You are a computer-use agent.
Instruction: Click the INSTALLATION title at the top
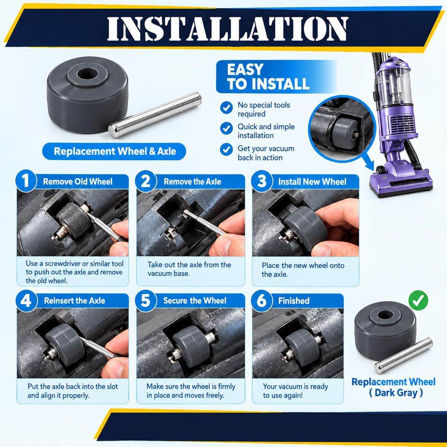(x=227, y=29)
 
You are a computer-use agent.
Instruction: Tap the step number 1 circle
(x=26, y=181)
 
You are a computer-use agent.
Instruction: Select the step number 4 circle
(x=26, y=301)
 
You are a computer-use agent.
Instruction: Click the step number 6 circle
(x=261, y=301)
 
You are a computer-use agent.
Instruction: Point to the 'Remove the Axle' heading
(x=192, y=182)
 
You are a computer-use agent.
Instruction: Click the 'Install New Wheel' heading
(x=312, y=182)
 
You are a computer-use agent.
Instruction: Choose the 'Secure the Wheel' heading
(x=194, y=301)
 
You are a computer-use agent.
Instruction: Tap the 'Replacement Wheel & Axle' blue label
(x=114, y=151)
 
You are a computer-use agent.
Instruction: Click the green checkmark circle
(x=418, y=300)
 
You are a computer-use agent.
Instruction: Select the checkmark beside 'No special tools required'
(x=226, y=108)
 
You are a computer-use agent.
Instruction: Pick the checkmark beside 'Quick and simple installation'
(x=226, y=129)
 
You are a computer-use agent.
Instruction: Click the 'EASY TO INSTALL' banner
(x=276, y=77)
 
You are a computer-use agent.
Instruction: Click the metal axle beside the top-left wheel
(x=155, y=115)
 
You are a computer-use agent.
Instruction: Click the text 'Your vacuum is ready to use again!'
(x=295, y=391)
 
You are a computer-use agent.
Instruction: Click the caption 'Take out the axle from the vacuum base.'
(x=189, y=269)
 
